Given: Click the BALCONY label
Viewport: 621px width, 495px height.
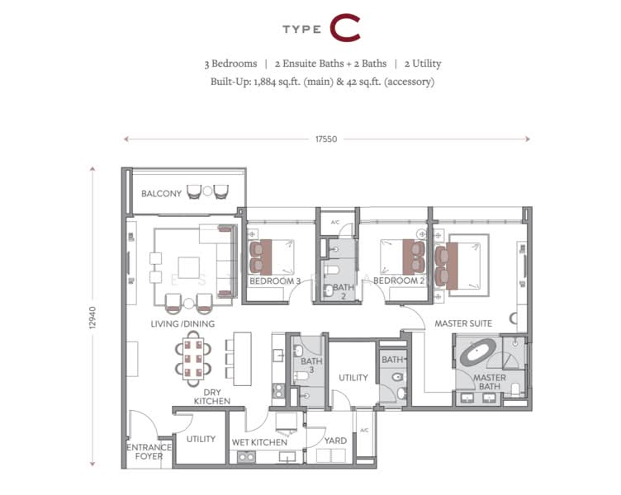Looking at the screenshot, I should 161,194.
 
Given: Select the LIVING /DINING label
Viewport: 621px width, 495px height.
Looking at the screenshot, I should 183,324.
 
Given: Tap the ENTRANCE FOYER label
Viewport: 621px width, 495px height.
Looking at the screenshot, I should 149,453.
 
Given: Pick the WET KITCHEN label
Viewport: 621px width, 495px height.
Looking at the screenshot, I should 259,443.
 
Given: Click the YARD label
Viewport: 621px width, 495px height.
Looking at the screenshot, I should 336,441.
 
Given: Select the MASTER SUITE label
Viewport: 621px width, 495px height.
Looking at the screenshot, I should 463,324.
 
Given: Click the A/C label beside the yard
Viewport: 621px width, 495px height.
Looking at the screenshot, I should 364,430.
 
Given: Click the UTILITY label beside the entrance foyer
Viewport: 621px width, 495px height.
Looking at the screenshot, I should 201,440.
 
